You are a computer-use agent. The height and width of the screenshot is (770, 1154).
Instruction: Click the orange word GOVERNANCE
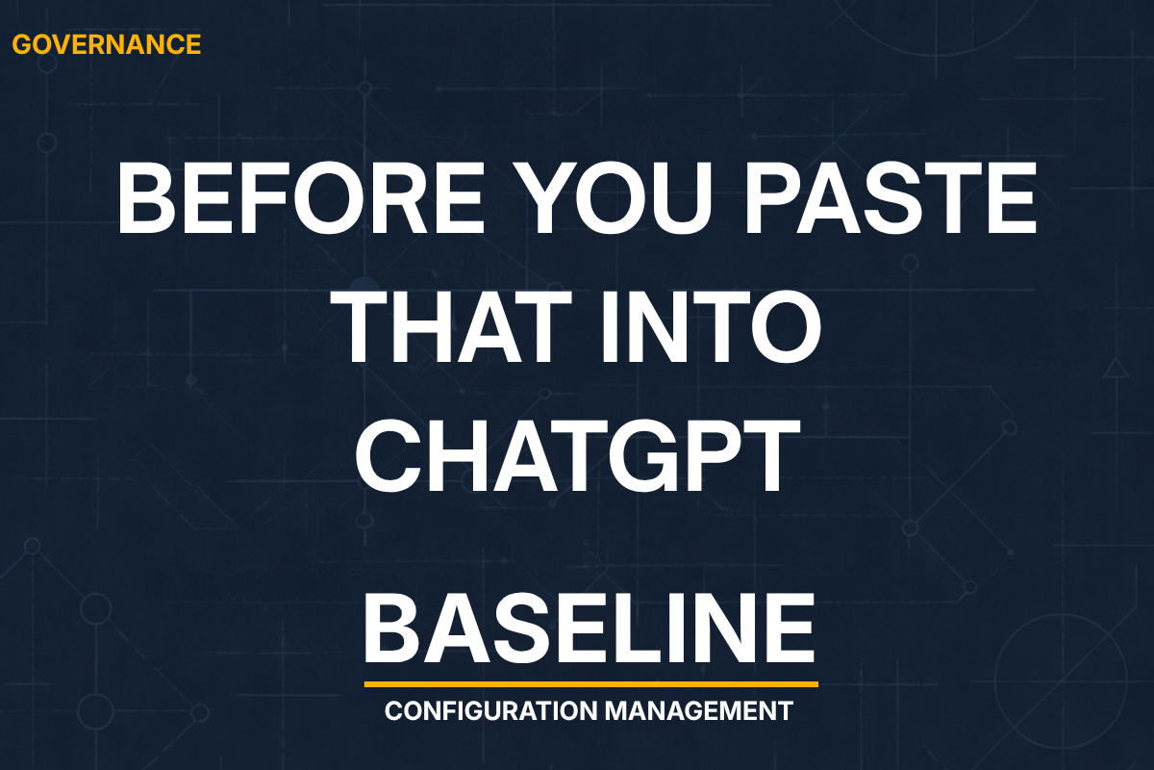tap(107, 44)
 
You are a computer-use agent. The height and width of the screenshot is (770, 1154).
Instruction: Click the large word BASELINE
tap(590, 628)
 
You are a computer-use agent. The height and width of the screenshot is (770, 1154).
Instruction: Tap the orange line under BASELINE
tap(590, 684)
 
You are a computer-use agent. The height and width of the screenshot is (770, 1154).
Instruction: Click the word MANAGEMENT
tap(699, 712)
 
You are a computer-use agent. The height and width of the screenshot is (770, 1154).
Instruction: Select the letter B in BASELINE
tap(395, 628)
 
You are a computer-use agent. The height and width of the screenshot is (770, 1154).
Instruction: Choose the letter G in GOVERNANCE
tap(22, 44)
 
